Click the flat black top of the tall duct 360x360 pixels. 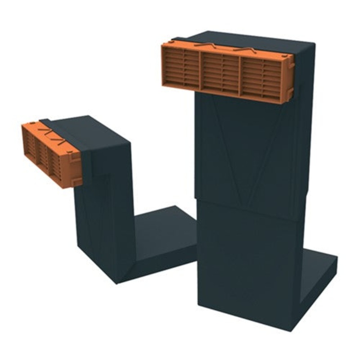pyautogui.click(x=252, y=40)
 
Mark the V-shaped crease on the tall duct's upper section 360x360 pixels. pyautogui.click(x=243, y=148)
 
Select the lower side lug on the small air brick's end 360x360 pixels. pyautogui.click(x=76, y=181)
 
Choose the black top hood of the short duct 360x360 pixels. pyautogui.click(x=90, y=130)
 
